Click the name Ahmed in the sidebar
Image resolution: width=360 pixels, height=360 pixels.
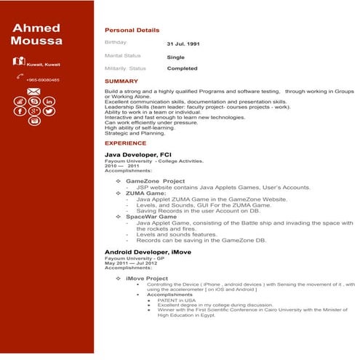coord(36,28)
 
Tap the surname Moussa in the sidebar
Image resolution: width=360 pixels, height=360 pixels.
coord(36,41)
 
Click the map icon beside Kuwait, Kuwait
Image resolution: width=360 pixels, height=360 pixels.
coord(19,60)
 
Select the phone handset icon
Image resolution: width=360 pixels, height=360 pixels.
coord(18,76)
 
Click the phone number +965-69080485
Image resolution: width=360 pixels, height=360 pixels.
coord(43,79)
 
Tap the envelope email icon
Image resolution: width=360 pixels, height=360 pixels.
coord(33,92)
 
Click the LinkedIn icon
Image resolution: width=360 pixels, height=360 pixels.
coord(49,101)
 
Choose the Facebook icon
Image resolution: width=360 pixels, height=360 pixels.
coord(19,111)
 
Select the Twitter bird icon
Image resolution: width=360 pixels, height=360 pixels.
coord(49,111)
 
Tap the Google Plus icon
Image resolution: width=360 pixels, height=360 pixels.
coord(33,111)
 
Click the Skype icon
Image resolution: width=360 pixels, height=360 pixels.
coord(33,101)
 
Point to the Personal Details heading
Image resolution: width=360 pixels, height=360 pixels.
coord(132,31)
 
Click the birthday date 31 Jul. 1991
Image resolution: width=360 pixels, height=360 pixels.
coord(183,44)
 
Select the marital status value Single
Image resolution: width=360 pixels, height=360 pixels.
coord(175,56)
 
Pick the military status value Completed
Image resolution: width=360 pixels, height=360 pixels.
coord(182,68)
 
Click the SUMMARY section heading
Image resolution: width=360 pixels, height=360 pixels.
coord(121,81)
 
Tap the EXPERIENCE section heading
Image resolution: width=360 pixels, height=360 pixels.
coord(125,143)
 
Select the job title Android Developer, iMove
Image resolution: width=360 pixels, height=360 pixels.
coord(150,252)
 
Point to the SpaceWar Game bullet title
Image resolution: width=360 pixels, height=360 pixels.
coord(151,216)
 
